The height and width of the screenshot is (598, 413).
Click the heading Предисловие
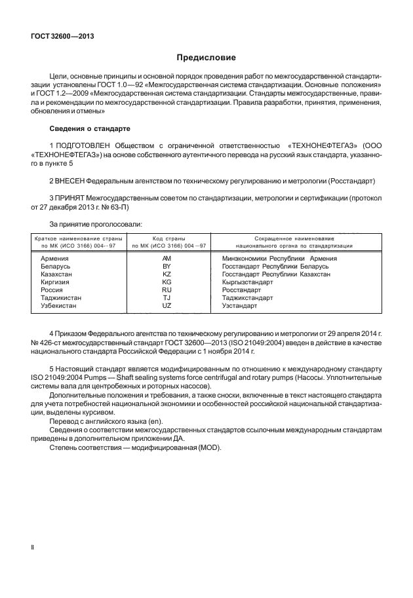[x=206, y=58]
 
